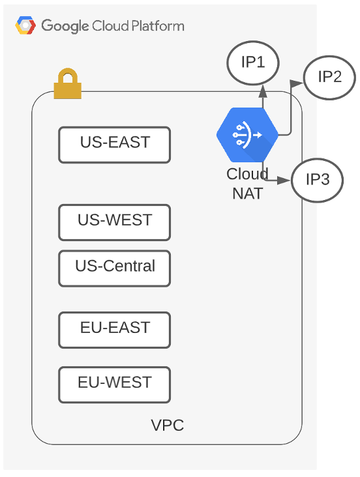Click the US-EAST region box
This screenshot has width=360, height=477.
tap(114, 145)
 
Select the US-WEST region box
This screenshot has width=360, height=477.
tap(114, 223)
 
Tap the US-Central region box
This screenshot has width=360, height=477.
tap(114, 268)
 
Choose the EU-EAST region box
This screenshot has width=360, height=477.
tap(114, 330)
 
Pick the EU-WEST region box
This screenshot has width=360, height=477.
tap(114, 385)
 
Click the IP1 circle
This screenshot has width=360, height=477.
tap(253, 63)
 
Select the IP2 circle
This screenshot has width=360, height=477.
tap(329, 78)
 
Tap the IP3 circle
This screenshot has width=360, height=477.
tap(318, 180)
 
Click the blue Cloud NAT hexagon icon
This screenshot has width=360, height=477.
tap(247, 135)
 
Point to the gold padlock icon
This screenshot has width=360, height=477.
tap(68, 84)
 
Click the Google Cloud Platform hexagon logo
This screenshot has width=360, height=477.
tap(25, 25)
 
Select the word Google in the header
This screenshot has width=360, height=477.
tap(65, 26)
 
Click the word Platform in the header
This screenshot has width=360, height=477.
tap(158, 26)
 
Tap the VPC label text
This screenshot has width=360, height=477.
tap(167, 425)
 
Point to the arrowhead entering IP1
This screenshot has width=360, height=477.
tap(263, 91)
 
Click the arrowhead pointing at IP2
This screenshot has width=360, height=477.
tap(297, 83)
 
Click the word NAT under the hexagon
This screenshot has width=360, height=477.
tap(247, 194)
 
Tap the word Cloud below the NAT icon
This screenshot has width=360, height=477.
tap(247, 174)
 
